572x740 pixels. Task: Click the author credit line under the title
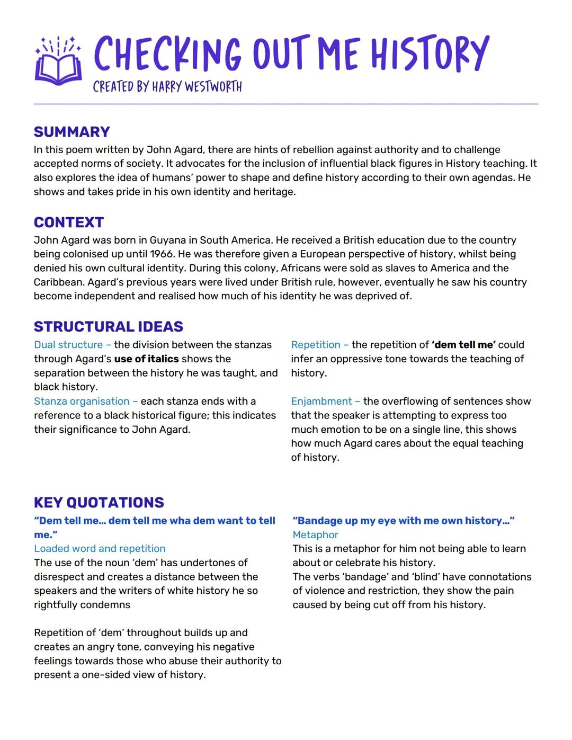tap(167, 87)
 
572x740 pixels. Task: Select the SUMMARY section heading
tap(71, 132)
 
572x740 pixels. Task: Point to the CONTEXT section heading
tap(68, 222)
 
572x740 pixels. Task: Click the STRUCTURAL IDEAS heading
tap(108, 326)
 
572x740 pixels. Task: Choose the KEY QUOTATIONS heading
tap(99, 502)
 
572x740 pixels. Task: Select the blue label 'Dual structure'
tap(69, 345)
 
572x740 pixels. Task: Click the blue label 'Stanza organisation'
tap(82, 402)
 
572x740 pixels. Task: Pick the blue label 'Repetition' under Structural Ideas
tap(316, 345)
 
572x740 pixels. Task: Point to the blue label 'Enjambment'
tap(321, 402)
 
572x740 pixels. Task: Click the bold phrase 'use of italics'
tap(146, 359)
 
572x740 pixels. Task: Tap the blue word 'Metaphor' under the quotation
tap(315, 535)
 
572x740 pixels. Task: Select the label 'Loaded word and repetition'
tap(100, 549)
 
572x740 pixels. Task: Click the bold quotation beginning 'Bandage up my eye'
tap(404, 521)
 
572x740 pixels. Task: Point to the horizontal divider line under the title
tap(286, 104)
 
